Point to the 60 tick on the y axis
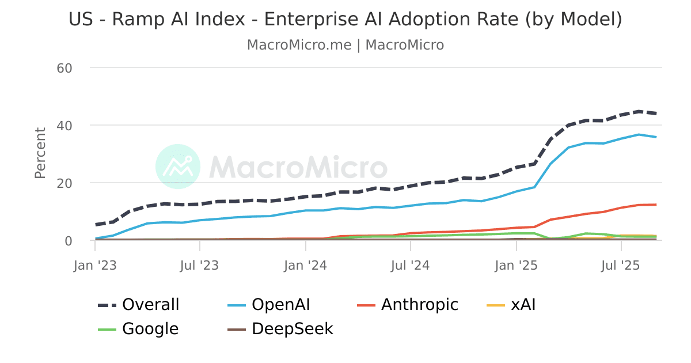click(x=64, y=68)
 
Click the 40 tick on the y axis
click(x=64, y=126)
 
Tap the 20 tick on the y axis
click(x=64, y=183)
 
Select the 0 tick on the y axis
click(x=68, y=241)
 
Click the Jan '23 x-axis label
click(x=95, y=266)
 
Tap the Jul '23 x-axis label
click(x=200, y=266)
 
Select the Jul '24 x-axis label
click(x=411, y=266)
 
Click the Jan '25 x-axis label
click(x=517, y=266)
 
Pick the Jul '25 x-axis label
click(x=621, y=266)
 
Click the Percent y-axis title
click(x=40, y=153)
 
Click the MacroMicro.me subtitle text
click(x=299, y=45)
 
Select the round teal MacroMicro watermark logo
click(x=178, y=167)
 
